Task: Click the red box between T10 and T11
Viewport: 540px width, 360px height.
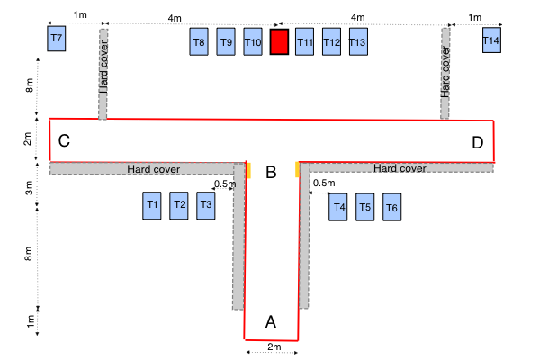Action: point(279,42)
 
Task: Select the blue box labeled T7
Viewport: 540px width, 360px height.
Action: point(57,40)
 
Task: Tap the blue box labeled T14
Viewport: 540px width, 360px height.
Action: point(490,40)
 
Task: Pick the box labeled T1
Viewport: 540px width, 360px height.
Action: point(152,205)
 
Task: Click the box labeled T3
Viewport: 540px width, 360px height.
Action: point(206,205)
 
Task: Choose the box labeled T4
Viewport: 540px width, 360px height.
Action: point(338,207)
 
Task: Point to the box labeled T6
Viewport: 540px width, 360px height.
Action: point(391,207)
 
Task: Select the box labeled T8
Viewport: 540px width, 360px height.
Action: point(199,42)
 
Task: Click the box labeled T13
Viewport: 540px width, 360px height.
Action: point(357,42)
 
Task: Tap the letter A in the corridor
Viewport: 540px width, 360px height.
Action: point(270,320)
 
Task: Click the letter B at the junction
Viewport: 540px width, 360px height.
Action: point(271,173)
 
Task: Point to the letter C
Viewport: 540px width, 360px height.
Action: point(64,141)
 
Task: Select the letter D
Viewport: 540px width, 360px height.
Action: point(477,142)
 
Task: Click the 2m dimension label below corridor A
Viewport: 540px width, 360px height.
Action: point(274,347)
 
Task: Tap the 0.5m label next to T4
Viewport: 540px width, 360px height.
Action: point(324,184)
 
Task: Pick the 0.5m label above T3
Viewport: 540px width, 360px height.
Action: point(225,184)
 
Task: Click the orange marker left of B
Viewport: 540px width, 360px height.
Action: point(247,170)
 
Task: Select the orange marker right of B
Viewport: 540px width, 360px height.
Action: point(296,170)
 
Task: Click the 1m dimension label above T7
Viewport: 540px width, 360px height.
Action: point(80,16)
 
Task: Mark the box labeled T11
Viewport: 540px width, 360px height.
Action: point(305,42)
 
